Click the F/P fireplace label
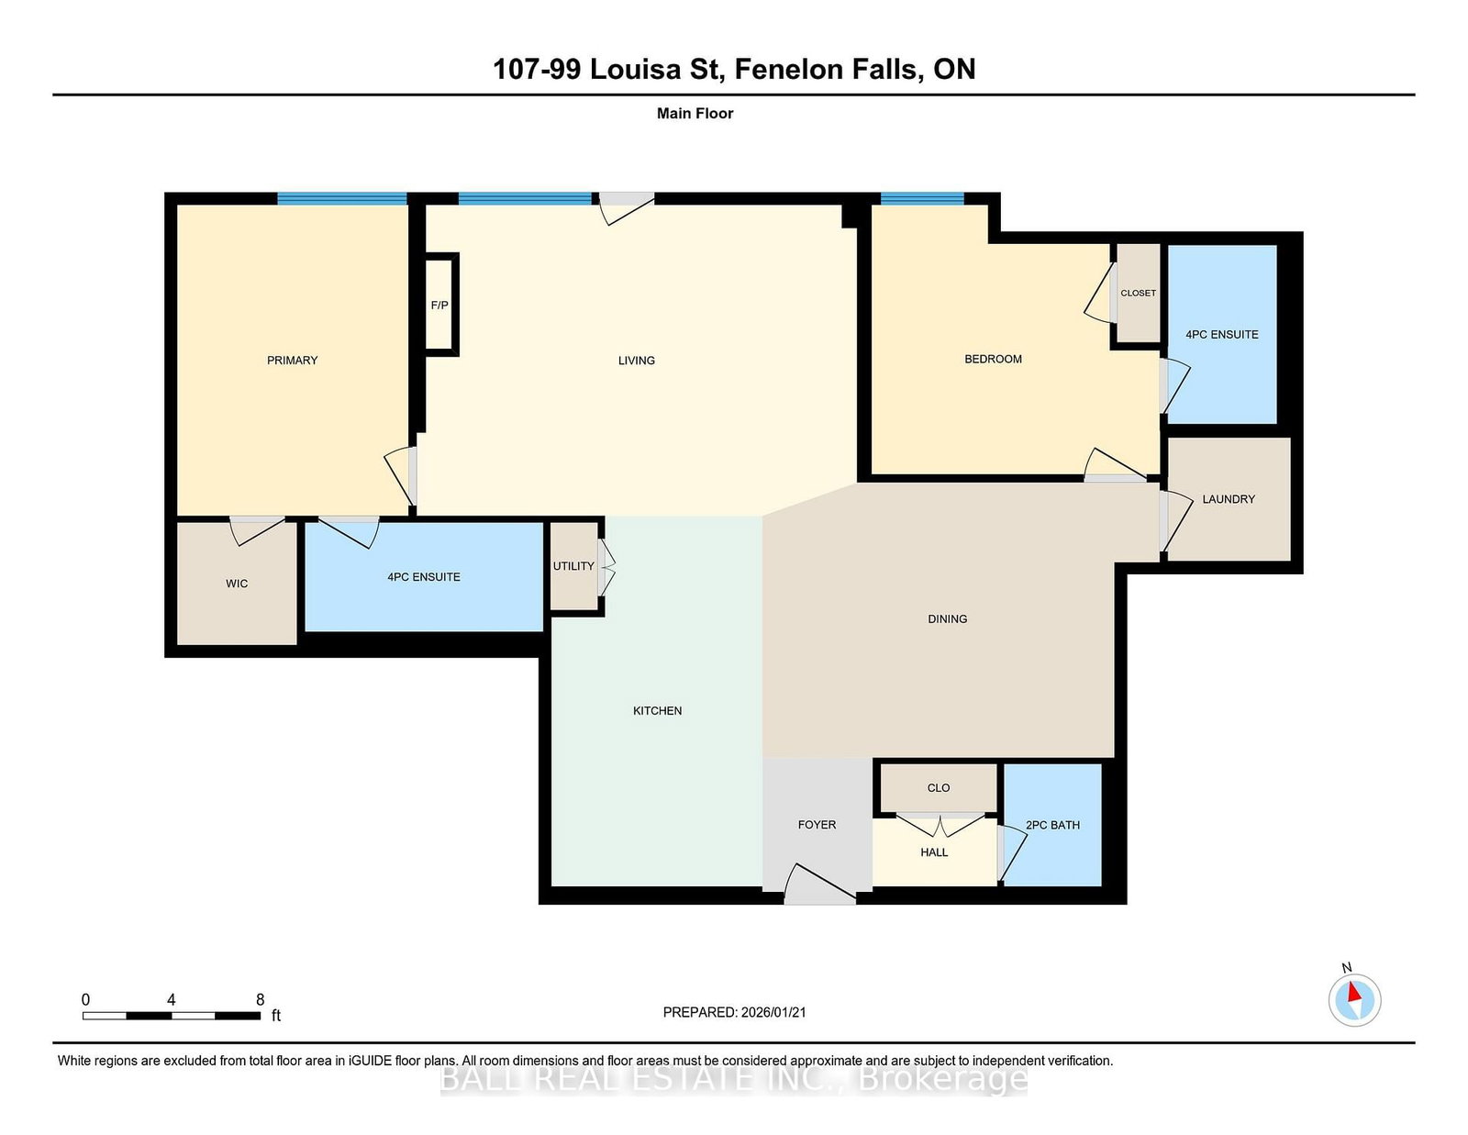tap(439, 306)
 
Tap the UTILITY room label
tap(573, 566)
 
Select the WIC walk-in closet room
tap(237, 584)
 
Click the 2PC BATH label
tap(1052, 825)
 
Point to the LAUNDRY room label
tap(1229, 499)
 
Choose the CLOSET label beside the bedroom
tap(1138, 293)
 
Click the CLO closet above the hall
tap(939, 787)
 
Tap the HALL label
tap(934, 852)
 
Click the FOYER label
tap(817, 825)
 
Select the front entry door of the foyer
tap(819, 885)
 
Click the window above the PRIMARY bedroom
tap(342, 198)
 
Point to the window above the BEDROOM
tap(922, 198)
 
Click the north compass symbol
tap(1354, 999)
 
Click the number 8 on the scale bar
tap(261, 999)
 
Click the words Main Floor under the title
tap(695, 114)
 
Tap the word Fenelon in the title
tap(788, 69)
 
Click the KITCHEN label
tap(657, 711)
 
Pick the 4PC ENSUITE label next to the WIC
tap(423, 577)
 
